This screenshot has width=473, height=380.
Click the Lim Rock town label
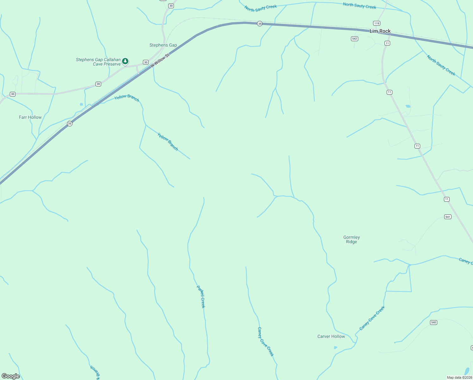(x=380, y=31)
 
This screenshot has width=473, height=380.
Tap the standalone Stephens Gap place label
(x=163, y=45)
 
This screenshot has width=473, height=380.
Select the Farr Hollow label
(x=30, y=117)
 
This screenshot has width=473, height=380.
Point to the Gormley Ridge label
(x=352, y=239)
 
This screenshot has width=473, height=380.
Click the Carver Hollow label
(x=331, y=336)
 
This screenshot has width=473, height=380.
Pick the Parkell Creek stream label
(x=201, y=297)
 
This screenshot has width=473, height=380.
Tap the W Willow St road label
(x=160, y=60)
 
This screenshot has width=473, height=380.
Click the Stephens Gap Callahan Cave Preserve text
(x=98, y=62)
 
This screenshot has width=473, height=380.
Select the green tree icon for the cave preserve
(x=125, y=61)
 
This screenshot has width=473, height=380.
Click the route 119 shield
(x=376, y=23)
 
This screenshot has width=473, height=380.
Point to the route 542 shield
(x=354, y=39)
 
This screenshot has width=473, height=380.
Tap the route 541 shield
(x=448, y=217)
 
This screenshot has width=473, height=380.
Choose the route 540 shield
(x=433, y=322)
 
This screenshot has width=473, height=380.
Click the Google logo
(x=11, y=376)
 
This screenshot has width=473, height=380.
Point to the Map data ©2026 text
(x=459, y=377)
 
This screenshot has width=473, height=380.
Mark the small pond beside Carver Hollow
(x=335, y=347)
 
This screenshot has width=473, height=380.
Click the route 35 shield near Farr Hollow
(x=70, y=123)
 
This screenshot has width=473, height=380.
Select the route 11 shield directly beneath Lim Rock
(x=387, y=43)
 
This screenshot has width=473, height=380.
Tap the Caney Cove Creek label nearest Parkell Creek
(x=266, y=342)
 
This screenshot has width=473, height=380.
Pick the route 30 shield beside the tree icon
(x=145, y=62)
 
